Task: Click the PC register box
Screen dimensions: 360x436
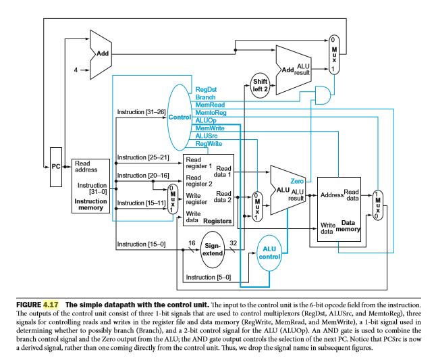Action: pyautogui.click(x=56, y=165)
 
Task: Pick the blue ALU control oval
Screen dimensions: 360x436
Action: pyautogui.click(x=268, y=253)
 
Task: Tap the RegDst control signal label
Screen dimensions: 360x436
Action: pyautogui.click(x=206, y=88)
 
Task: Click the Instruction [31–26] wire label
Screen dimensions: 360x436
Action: pyautogui.click(x=140, y=111)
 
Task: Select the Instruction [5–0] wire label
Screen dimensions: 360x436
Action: pyautogui.click(x=208, y=277)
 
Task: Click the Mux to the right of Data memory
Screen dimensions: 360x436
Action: pyautogui.click(x=377, y=203)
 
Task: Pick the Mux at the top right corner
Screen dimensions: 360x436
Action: pyautogui.click(x=333, y=55)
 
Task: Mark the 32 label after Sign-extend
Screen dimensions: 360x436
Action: pyautogui.click(x=233, y=242)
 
